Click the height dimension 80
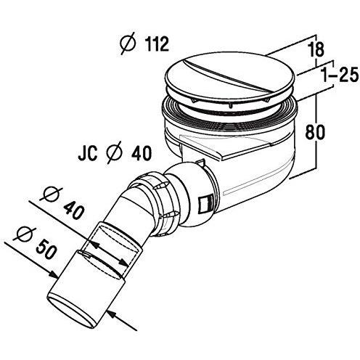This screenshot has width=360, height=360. tap(315, 132)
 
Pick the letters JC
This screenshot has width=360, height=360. tap(88, 153)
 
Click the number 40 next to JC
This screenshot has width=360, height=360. tap(142, 153)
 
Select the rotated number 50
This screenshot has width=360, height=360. tap(46, 248)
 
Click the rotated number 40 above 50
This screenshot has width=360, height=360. tap(73, 210)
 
